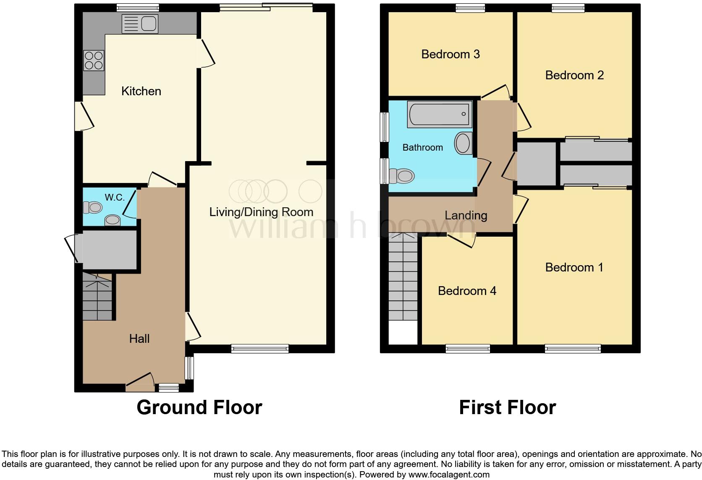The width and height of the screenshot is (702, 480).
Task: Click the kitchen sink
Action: point(140,24)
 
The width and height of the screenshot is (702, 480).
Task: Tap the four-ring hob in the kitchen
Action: point(94,60)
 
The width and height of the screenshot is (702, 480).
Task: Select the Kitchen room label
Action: point(141,91)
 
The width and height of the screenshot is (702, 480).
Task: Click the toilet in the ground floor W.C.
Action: point(93,207)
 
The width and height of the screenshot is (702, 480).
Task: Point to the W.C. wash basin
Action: point(112,220)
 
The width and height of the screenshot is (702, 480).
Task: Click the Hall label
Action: point(139,339)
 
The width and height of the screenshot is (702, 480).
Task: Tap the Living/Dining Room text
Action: point(261,212)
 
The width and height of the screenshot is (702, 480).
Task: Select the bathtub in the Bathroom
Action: point(439,114)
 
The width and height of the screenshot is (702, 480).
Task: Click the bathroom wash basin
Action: point(463,143)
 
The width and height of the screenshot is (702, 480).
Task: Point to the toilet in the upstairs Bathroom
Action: point(402,176)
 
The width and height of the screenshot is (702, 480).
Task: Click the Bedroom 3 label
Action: point(450,54)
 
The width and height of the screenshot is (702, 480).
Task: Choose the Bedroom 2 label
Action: point(574,75)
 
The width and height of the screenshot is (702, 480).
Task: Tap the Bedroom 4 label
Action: point(466,291)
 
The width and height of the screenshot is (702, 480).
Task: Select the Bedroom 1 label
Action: point(574,267)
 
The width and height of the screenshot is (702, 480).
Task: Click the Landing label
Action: point(466,215)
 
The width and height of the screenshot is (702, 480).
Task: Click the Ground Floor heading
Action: point(199,407)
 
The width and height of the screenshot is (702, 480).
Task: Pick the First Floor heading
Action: point(507,407)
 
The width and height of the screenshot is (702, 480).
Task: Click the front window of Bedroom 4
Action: point(468,348)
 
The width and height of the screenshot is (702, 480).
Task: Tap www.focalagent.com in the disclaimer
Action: point(449,475)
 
